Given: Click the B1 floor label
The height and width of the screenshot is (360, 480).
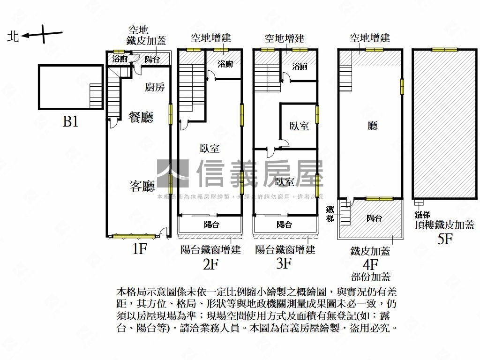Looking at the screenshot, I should click(x=70, y=122).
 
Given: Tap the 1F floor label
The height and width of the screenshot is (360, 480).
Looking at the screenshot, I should click(x=139, y=249).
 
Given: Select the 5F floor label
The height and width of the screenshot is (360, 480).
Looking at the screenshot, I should click(x=444, y=239).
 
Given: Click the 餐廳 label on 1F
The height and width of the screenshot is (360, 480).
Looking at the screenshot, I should click(x=141, y=117).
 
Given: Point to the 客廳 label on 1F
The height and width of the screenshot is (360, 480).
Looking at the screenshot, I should click(x=142, y=187).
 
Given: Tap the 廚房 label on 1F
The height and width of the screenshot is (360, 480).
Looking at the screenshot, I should click(x=155, y=87).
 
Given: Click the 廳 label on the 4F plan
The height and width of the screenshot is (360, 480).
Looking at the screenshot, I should click(x=373, y=125).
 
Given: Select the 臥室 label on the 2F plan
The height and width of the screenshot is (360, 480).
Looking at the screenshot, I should click(x=210, y=149).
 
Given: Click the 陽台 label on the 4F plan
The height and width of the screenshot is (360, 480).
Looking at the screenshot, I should click(x=374, y=218).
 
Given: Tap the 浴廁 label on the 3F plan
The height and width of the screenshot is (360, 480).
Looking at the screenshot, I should click(x=300, y=67).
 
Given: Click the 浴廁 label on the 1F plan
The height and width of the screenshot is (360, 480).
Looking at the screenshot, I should click(x=120, y=59).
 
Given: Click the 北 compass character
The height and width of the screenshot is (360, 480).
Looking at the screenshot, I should click(x=13, y=36).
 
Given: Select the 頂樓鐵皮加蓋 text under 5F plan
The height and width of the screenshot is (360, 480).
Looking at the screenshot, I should click(x=444, y=225).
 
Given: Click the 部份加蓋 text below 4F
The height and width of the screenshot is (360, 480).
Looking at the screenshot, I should click(x=370, y=277).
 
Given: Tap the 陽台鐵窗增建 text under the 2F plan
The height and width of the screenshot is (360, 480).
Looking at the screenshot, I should click(x=210, y=249).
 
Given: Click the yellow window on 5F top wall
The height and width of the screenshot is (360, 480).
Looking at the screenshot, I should click(x=444, y=50).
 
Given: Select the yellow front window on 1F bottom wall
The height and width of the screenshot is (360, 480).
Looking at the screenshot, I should click(x=134, y=236).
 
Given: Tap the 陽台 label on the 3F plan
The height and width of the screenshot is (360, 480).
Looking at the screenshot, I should click(x=284, y=225).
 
